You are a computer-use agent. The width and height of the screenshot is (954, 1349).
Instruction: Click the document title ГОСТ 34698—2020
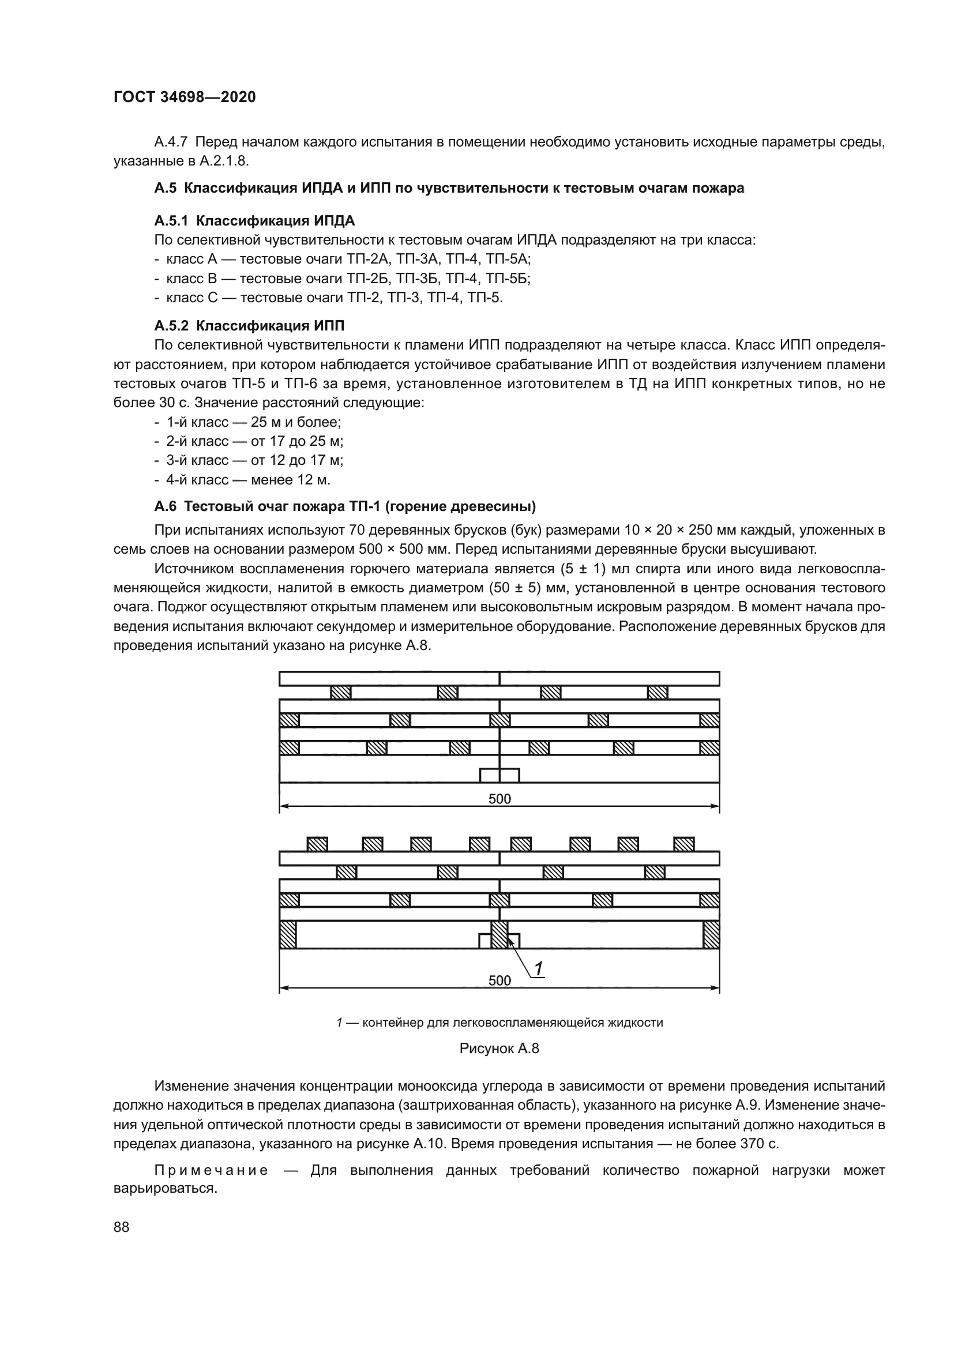(185, 97)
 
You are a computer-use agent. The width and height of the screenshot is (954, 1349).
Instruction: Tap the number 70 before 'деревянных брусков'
(358, 531)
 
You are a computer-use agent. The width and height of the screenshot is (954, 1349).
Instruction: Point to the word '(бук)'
(560, 531)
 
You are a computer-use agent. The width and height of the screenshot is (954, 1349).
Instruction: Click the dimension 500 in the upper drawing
(499, 798)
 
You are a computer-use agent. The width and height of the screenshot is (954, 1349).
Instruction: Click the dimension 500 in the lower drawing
(499, 980)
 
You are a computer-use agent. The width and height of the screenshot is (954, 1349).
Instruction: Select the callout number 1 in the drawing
(539, 968)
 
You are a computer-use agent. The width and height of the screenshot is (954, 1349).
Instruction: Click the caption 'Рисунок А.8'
(499, 1048)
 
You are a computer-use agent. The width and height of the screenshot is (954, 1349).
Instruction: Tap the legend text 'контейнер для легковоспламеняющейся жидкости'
(512, 1023)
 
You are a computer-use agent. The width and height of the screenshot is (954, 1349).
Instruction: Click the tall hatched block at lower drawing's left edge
(288, 934)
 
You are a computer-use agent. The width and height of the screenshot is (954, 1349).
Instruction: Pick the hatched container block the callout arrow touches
(499, 934)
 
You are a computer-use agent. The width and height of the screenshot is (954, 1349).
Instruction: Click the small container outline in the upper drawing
(499, 776)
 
